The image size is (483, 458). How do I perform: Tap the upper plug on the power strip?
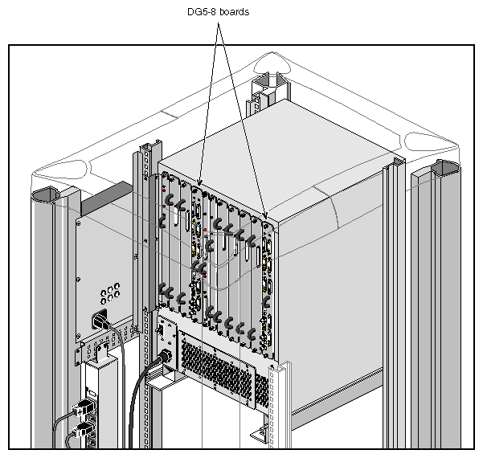[x=84, y=408]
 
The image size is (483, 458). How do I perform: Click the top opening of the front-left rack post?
[x=45, y=195]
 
